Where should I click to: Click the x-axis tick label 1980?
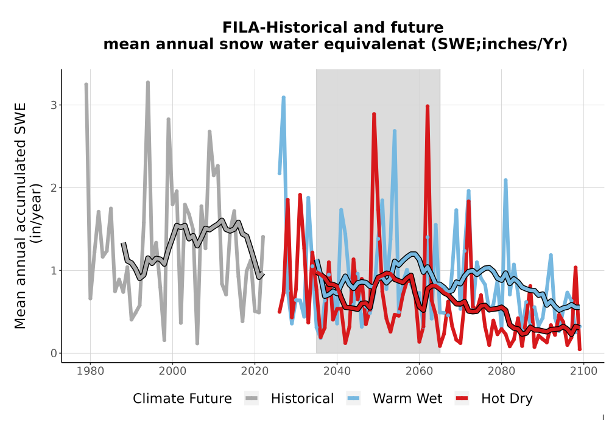coord(90,371)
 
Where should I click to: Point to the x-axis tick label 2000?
coord(172,371)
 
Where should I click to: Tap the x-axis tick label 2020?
coord(255,371)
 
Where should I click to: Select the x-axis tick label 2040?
coord(337,371)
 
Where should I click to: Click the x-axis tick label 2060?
coord(419,371)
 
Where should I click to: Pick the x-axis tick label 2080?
coord(501,371)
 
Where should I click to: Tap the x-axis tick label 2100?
coord(583,371)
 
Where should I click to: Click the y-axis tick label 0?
coord(54,354)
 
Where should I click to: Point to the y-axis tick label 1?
coord(54,270)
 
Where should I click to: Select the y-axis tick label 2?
coord(54,188)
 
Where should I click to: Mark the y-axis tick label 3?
coord(54,105)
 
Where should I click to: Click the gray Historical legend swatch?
coord(252,399)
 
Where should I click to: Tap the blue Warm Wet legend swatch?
coord(353,399)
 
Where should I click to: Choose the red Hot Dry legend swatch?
coord(462,399)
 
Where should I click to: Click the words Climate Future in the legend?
coord(182,399)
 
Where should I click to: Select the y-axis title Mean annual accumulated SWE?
coord(19,215)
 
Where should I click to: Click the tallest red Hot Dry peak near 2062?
coord(428,106)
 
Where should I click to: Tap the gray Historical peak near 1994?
coord(148,83)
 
